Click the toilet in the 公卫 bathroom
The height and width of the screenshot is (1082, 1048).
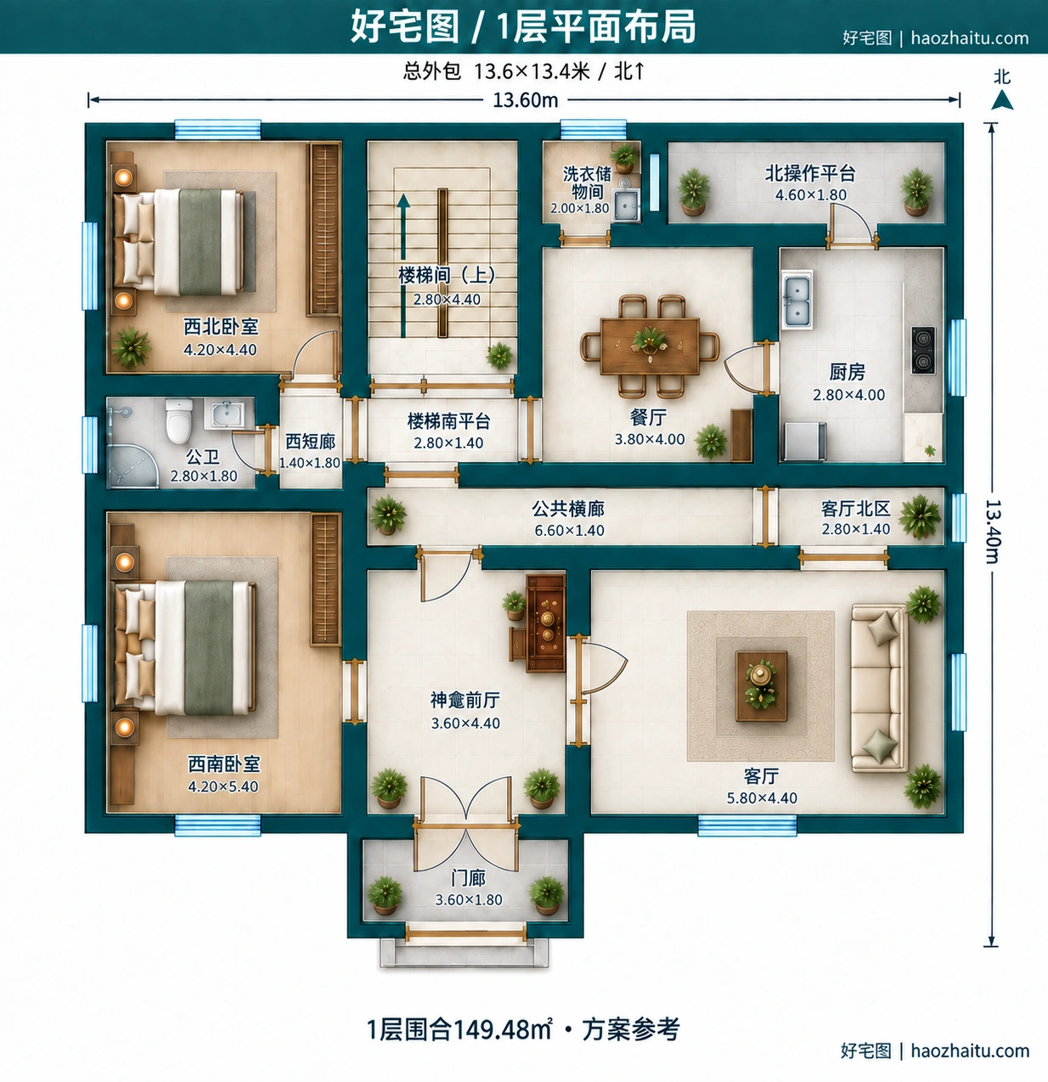coord(179,421)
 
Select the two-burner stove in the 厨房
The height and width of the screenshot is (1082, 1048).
coord(923,350)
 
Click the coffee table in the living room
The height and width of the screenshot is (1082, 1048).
coord(761,686)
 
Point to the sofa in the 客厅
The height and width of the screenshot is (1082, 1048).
coord(880,688)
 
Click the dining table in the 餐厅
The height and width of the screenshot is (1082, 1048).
coord(650,346)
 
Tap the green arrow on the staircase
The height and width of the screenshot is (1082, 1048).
coord(403,265)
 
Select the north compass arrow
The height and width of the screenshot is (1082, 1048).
coord(1002,100)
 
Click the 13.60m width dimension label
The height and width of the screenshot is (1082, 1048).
coord(526,100)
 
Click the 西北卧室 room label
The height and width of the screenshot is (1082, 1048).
coord(222,326)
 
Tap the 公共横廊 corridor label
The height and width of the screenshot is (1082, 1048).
coord(568,508)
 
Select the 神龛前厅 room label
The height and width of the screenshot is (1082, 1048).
coord(465,700)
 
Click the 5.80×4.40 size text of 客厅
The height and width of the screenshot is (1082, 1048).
coord(762,797)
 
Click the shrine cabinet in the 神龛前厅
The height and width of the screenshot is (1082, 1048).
coord(545,623)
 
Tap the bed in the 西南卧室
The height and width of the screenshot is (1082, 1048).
coord(185,648)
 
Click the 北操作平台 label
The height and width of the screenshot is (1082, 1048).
coord(810,173)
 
